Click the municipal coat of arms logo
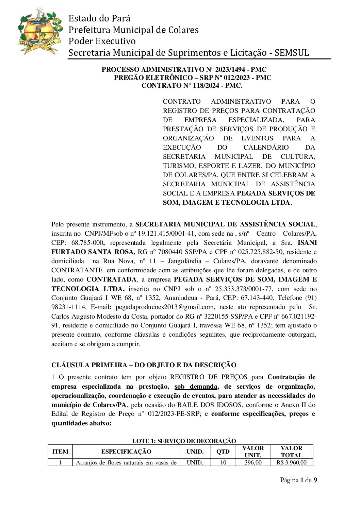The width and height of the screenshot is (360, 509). pos(40,32)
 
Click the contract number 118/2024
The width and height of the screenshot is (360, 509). pos(202,86)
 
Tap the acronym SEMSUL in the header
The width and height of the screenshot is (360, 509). pos(292,53)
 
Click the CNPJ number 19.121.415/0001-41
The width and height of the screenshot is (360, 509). pos(164,234)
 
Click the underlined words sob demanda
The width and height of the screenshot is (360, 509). pos(196,387)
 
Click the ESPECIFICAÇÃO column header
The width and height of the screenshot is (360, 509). pos(126,452)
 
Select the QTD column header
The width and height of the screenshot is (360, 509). pos(223,452)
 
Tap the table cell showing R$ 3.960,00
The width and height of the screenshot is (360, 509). pos(292,462)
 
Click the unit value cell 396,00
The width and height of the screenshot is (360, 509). pos(253,462)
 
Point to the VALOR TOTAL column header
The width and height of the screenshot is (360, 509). pos(292,452)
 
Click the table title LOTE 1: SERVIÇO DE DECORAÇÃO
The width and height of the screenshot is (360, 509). pos(184,441)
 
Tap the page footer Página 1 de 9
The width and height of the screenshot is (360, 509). pos(298,480)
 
